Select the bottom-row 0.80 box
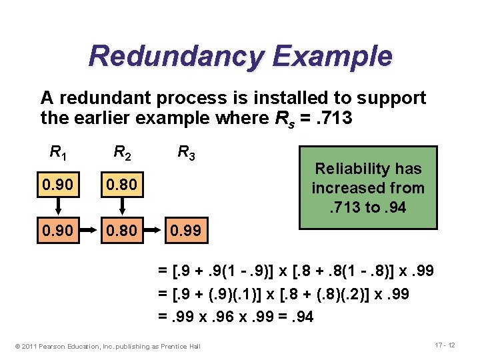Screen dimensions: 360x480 [x=121, y=233]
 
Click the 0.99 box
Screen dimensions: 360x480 [x=184, y=233]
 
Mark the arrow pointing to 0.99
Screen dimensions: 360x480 [x=154, y=233]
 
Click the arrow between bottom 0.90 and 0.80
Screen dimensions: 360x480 [x=90, y=233]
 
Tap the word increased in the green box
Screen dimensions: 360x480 [x=344, y=188]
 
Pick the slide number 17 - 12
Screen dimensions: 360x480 [x=445, y=344]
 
